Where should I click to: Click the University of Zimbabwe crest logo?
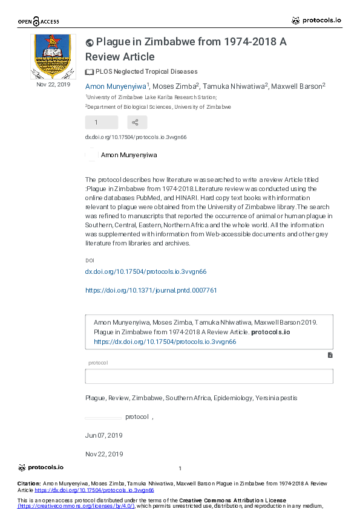(x=53, y=56)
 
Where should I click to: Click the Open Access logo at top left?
(x=38, y=22)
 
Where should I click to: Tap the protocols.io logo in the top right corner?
(x=316, y=21)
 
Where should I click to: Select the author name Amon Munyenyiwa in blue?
(x=116, y=86)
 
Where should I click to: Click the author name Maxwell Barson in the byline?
(x=297, y=86)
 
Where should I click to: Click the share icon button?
(x=136, y=123)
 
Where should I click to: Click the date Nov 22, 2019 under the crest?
(x=53, y=85)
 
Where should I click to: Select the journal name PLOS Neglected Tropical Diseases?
(x=146, y=71)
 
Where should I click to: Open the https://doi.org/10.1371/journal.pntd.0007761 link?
(x=151, y=290)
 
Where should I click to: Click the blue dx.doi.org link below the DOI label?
(x=146, y=272)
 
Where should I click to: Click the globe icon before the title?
(x=90, y=42)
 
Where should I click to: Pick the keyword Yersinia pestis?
(x=277, y=398)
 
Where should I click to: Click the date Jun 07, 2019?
(x=104, y=435)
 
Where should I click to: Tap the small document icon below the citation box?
(x=330, y=355)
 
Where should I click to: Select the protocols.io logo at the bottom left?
(x=41, y=467)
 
